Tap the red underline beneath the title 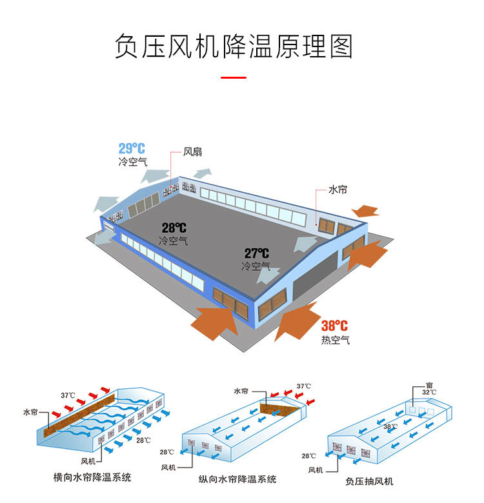[234, 77]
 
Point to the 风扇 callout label [192, 152]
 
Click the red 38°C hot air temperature [334, 326]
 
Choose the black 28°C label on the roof [174, 228]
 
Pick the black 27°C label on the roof [256, 253]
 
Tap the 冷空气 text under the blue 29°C [132, 163]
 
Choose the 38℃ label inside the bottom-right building [390, 426]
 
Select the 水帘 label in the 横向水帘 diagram [30, 411]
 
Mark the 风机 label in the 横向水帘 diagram [88, 461]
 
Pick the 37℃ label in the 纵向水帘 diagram [303, 386]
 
